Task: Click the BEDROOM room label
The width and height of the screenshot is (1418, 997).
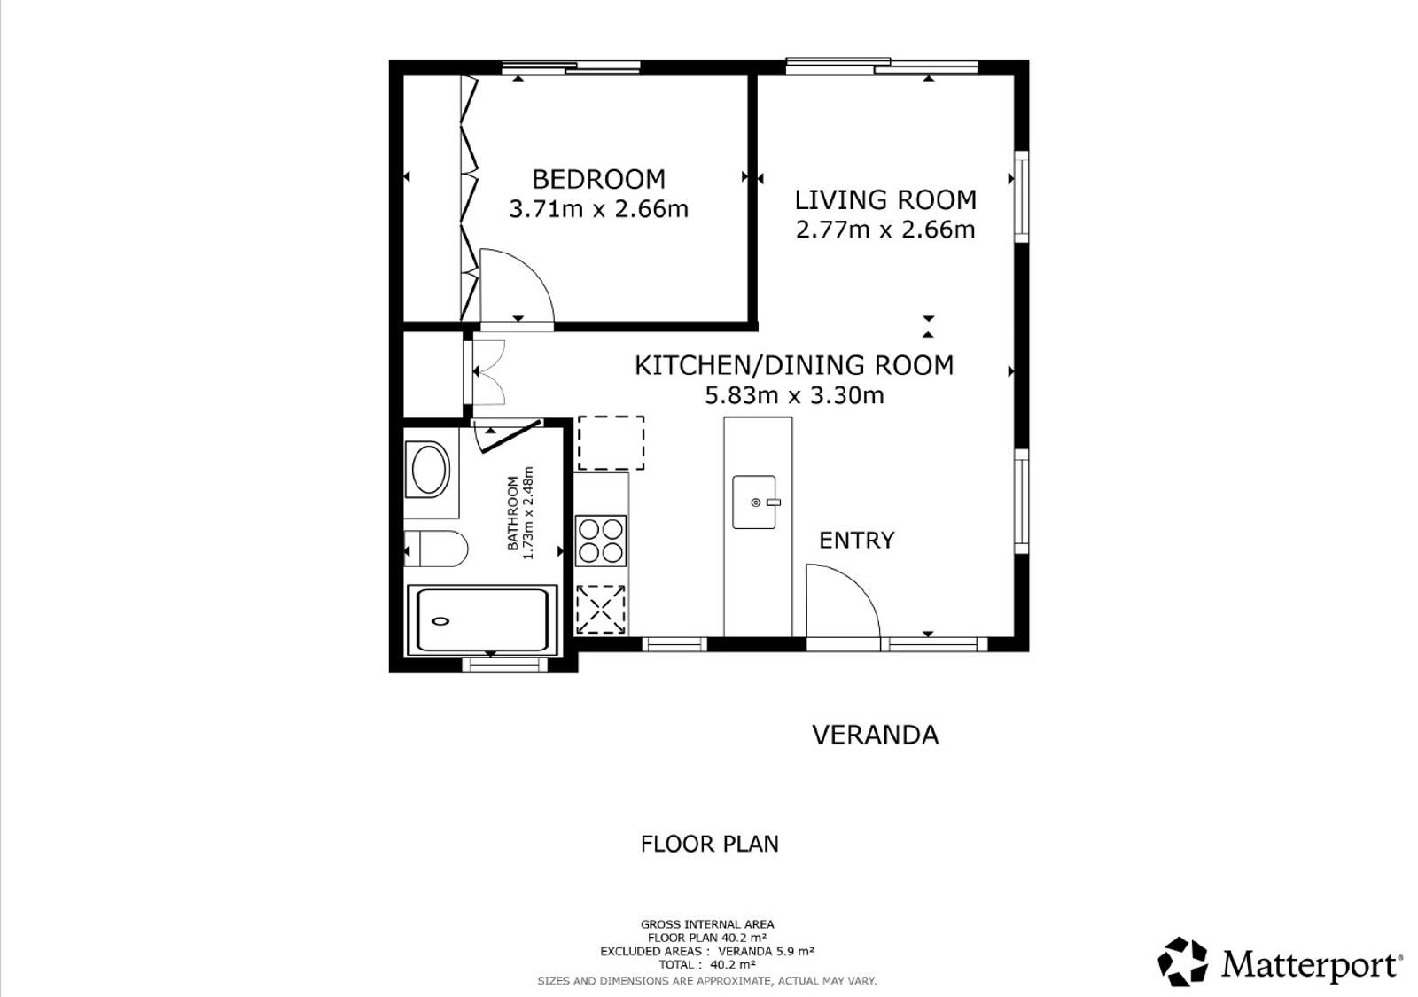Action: [x=598, y=180]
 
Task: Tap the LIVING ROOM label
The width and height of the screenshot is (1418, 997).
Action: [x=885, y=200]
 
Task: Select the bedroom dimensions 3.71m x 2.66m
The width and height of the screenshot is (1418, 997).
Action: [x=599, y=209]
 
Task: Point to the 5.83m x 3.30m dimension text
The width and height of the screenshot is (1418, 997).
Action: [x=794, y=395]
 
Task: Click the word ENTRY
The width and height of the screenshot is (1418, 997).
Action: [x=856, y=541]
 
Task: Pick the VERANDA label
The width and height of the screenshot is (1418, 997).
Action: [x=875, y=735]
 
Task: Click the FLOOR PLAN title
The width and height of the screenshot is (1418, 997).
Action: [x=710, y=844]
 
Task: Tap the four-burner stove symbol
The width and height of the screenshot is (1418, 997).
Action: [x=601, y=541]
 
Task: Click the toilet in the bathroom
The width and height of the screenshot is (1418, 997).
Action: [x=436, y=549]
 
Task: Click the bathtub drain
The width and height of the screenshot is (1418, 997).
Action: [x=440, y=621]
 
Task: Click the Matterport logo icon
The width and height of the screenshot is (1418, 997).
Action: [x=1182, y=962]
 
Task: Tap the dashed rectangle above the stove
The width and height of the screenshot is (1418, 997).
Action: [x=611, y=443]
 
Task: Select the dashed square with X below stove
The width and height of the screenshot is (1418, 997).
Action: [x=601, y=609]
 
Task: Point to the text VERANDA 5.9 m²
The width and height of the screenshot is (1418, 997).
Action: [x=766, y=952]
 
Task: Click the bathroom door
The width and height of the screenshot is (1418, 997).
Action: [x=510, y=436]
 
